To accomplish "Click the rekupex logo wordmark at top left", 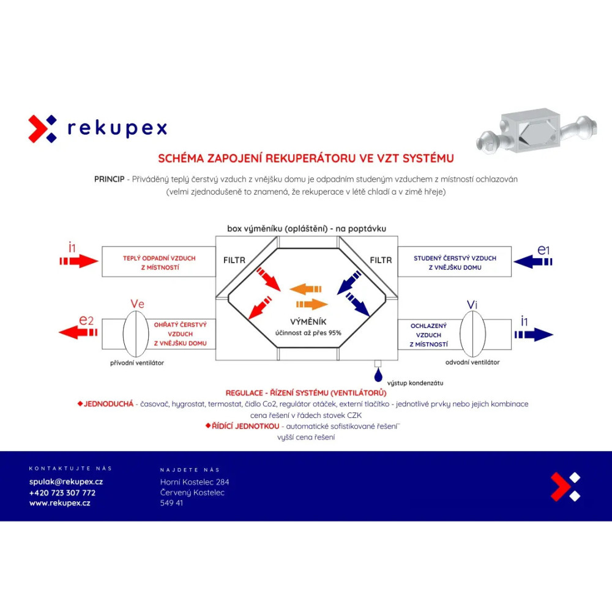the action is [x=117, y=128].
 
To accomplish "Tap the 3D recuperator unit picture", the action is [x=537, y=131].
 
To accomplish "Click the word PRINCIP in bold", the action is [x=110, y=179].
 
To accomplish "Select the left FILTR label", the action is [x=234, y=260].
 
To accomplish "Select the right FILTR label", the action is [x=381, y=260].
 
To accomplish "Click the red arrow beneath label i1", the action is [x=79, y=261].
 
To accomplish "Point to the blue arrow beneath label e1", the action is [x=533, y=261].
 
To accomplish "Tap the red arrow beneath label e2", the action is [x=78, y=332].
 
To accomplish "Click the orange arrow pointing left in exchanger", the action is [x=305, y=289].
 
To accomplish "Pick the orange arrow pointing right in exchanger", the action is [x=312, y=304].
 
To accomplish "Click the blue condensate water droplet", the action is [x=378, y=376].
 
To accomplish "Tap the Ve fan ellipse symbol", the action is [x=136, y=334].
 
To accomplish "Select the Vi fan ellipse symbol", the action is [x=472, y=334].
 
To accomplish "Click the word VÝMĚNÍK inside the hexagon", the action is [x=308, y=322].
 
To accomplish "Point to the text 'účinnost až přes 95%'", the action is [x=308, y=333].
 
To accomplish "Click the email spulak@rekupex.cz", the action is [x=66, y=482].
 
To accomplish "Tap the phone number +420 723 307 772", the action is [x=62, y=493].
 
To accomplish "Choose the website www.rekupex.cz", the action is [x=60, y=503].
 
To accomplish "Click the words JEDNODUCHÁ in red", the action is [x=108, y=404].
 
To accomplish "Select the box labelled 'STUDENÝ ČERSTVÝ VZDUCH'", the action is [x=455, y=261].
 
